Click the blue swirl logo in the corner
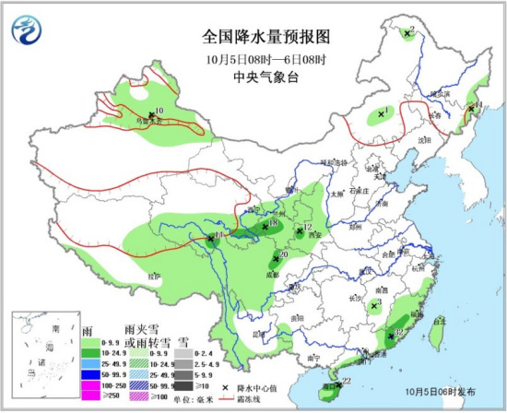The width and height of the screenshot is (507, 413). click(26, 29)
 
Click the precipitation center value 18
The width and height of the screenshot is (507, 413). click(273, 224)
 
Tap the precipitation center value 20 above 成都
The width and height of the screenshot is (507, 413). click(284, 254)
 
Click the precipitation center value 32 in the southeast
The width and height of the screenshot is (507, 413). click(398, 333)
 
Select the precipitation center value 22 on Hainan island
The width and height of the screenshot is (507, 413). click(347, 381)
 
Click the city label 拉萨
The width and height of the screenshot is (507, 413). click(154, 274)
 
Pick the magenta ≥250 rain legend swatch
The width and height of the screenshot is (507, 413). click(91, 395)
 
